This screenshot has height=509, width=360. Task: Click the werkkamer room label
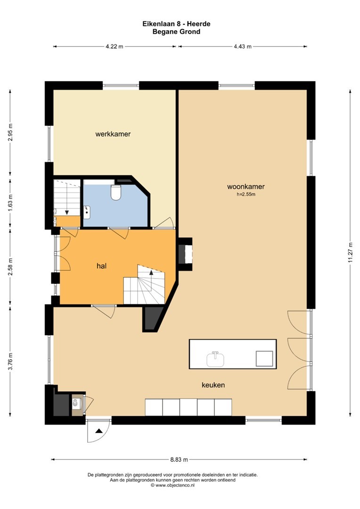click(113, 134)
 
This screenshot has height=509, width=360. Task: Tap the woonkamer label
click(246, 186)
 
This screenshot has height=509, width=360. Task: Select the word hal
click(102, 266)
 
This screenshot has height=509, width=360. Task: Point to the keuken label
click(213, 385)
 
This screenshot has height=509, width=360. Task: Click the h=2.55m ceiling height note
click(246, 195)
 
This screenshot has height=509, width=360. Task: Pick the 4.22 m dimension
click(114, 46)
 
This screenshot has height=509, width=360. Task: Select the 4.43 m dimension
click(243, 46)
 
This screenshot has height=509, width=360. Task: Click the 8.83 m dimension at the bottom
click(179, 460)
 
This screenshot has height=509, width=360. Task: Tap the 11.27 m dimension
click(350, 252)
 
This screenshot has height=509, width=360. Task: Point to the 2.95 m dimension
click(10, 132)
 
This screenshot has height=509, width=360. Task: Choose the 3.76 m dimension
click(10, 361)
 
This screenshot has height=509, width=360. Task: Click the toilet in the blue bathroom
click(116, 192)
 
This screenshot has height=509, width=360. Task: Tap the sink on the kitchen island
click(215, 359)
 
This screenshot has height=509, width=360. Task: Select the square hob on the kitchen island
click(264, 358)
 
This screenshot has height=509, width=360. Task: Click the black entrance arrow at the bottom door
click(98, 431)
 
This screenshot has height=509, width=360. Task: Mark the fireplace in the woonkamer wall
click(185, 254)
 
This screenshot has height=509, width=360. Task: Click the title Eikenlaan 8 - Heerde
click(176, 24)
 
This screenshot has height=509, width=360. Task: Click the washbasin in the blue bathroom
click(87, 212)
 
